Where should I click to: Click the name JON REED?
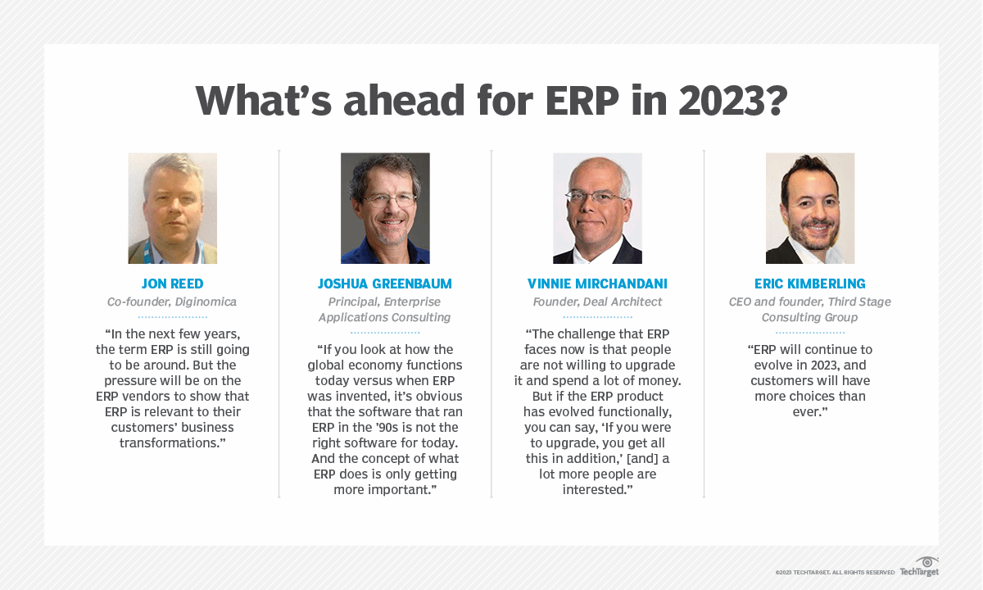(172, 284)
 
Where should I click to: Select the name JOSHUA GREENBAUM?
(385, 284)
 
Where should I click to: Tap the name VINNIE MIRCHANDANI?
(597, 284)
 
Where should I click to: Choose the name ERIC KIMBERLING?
(810, 284)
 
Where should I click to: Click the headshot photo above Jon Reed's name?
(172, 208)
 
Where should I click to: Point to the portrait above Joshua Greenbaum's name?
(385, 208)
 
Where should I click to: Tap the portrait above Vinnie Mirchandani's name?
(597, 208)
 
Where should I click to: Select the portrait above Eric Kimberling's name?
(810, 208)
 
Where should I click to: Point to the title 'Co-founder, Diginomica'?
(172, 302)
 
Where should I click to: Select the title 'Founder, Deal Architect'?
(597, 302)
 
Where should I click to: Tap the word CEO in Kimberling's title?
(742, 302)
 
